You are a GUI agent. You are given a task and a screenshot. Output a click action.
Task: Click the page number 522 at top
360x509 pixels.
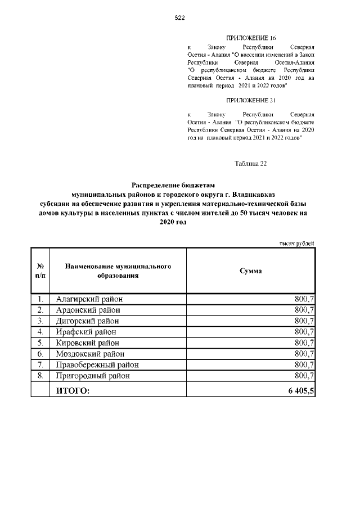[179, 18]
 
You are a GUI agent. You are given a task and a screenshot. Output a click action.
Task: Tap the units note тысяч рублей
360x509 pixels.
[296, 242]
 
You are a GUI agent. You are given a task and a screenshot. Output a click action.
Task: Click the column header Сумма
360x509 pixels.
[250, 271]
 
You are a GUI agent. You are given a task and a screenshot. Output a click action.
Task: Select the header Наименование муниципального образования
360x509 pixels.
[118, 271]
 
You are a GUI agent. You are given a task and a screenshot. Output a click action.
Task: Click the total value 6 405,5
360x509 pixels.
[299, 390]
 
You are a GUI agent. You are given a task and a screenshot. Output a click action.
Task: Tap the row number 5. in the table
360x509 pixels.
[40, 342]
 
